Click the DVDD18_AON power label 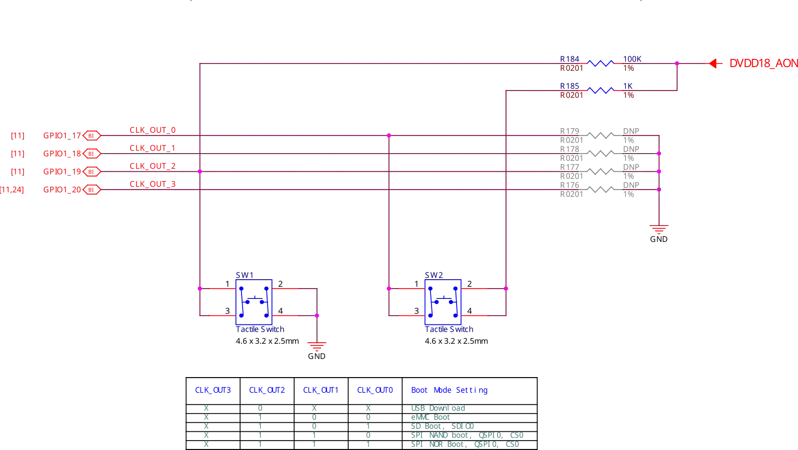click(x=762, y=64)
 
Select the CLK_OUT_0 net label click(x=153, y=130)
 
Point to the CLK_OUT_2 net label click(x=153, y=167)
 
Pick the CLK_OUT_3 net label click(x=153, y=184)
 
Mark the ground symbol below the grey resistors click(x=660, y=233)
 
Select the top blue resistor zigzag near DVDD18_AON click(x=601, y=63)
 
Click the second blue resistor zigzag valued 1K click(x=601, y=90)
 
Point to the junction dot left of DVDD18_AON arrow click(x=677, y=64)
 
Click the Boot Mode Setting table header click(x=448, y=390)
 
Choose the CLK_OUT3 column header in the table click(x=212, y=390)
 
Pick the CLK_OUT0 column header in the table click(x=374, y=390)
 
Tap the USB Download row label click(x=438, y=408)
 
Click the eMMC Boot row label click(x=430, y=417)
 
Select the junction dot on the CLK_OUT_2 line click(x=200, y=171)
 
